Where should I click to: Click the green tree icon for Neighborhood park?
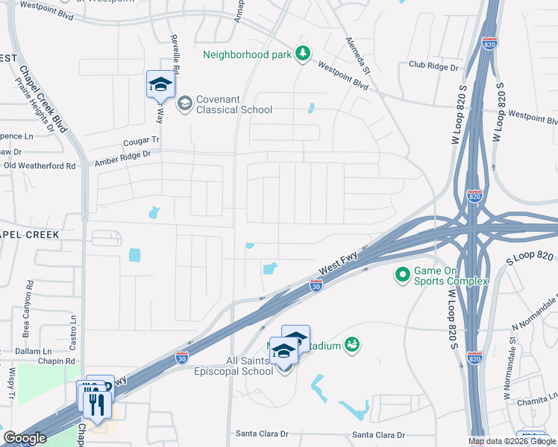[302, 53]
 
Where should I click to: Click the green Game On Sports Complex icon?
[403, 276]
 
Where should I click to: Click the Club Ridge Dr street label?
[433, 66]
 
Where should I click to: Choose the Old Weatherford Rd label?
[40, 165]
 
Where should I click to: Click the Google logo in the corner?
[25, 438]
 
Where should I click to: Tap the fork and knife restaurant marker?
[95, 405]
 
